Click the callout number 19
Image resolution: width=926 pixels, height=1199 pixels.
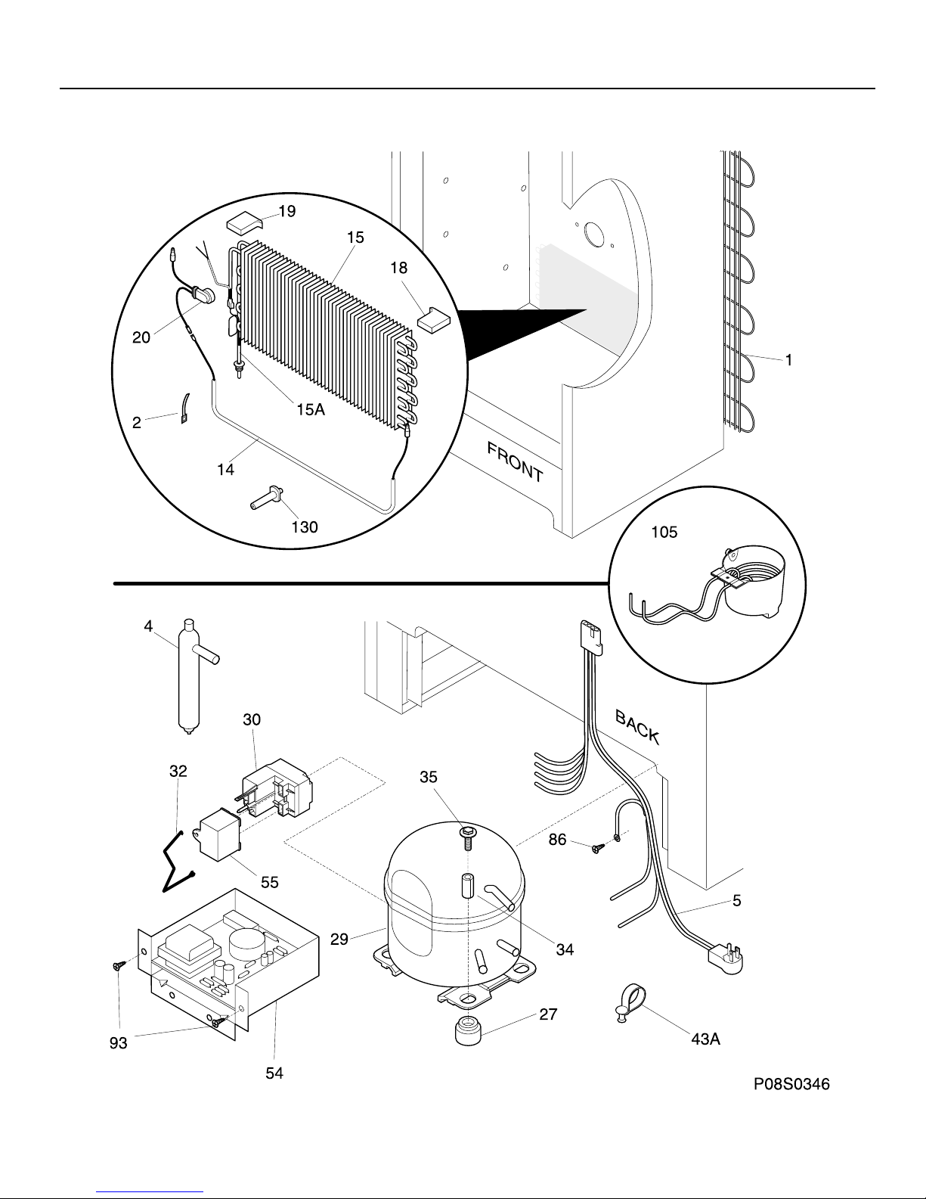[287, 211]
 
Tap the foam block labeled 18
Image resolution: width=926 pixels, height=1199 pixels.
[434, 319]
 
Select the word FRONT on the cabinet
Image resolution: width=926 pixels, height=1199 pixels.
[515, 462]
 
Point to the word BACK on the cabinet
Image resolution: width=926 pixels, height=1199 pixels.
[637, 727]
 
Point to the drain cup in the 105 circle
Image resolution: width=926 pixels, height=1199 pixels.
[754, 581]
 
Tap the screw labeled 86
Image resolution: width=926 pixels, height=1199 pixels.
[598, 848]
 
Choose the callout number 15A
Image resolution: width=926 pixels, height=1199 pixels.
[311, 408]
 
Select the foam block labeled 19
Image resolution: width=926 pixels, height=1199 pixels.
[244, 222]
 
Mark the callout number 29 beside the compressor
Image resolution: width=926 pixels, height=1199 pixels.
[339, 939]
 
